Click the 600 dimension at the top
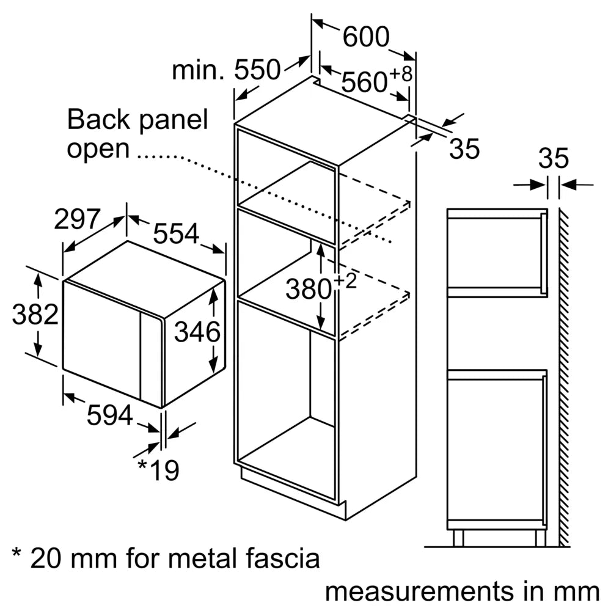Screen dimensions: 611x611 tap(365, 38)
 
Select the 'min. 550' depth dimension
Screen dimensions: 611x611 tap(226, 70)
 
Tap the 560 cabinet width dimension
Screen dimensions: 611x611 tap(364, 82)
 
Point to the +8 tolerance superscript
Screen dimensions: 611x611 tap(401, 73)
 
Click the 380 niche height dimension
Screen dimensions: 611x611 tap(309, 289)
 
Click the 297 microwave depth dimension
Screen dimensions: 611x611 tap(76, 219)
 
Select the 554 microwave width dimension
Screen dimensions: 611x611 tap(176, 233)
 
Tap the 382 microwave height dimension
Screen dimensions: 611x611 tap(35, 315)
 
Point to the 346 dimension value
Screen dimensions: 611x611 tap(197, 332)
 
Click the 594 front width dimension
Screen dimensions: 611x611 tap(110, 416)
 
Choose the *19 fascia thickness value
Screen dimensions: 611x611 tap(158, 470)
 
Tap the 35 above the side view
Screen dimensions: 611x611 tap(554, 159)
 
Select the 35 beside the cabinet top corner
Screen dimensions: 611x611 tap(464, 150)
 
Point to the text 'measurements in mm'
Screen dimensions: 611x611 tap(461, 591)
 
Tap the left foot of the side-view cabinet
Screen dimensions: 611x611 tap(458, 538)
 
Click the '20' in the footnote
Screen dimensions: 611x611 tap(43, 558)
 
